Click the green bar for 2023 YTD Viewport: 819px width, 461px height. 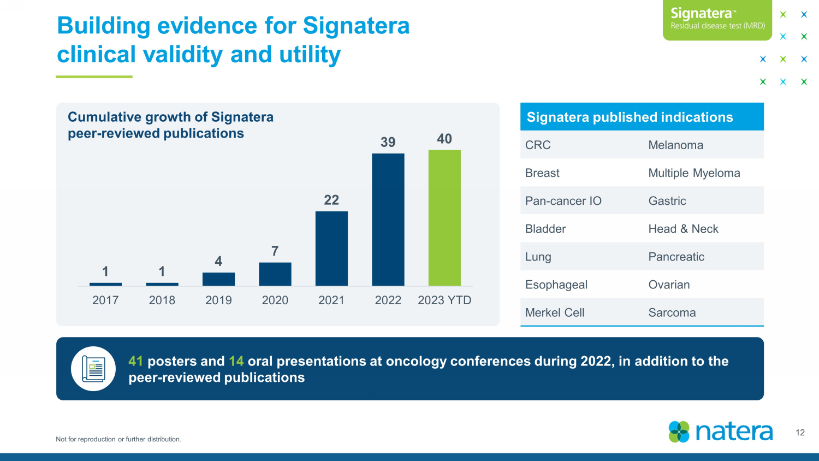(x=444, y=218)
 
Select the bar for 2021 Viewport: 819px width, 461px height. (x=331, y=249)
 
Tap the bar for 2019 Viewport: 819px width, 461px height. (x=218, y=279)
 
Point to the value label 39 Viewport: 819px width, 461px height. (x=388, y=142)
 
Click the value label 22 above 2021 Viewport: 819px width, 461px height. (x=331, y=200)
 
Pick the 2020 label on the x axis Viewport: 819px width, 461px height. (x=275, y=300)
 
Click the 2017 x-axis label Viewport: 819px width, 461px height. (x=105, y=300)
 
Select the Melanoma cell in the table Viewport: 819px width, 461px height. (x=676, y=145)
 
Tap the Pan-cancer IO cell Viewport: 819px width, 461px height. (x=563, y=200)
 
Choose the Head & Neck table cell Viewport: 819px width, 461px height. (x=683, y=229)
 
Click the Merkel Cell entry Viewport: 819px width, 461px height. (x=554, y=312)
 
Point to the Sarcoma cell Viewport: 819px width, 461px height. (x=672, y=312)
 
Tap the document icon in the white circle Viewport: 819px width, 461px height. (x=93, y=369)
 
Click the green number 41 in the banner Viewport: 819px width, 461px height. (x=135, y=361)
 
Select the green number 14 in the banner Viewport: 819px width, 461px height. (x=236, y=361)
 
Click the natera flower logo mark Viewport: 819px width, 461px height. (x=679, y=432)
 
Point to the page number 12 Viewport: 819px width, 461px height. (x=800, y=433)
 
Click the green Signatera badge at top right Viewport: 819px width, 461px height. (x=717, y=20)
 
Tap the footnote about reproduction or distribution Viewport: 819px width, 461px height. (x=118, y=439)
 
